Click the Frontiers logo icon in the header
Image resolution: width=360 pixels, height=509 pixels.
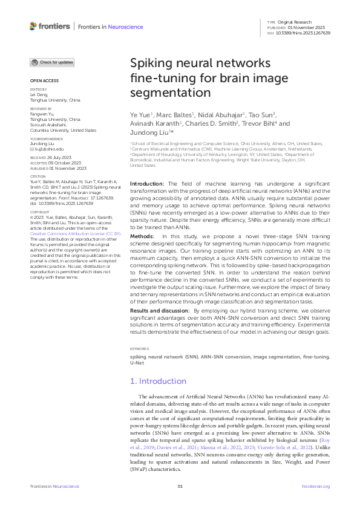[33, 26]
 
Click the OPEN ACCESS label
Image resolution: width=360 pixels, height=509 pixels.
[44, 80]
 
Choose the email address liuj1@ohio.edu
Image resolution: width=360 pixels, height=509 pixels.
[50, 148]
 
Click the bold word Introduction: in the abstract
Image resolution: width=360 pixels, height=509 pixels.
[148, 183]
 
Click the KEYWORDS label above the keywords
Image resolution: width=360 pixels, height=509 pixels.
[140, 349]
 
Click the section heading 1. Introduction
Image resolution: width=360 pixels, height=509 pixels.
[160, 381]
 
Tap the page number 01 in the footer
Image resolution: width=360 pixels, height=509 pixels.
[180, 486]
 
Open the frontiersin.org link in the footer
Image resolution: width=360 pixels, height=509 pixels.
[315, 486]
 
